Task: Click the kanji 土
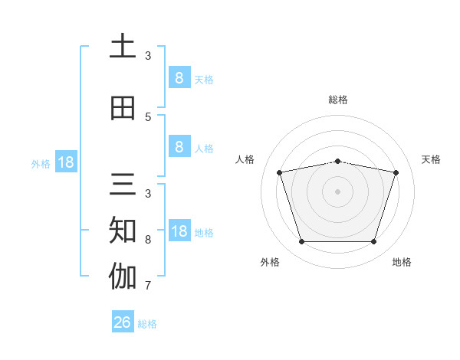(x=123, y=45)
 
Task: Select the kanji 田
(x=123, y=108)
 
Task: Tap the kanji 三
(x=123, y=184)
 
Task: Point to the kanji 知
(x=123, y=230)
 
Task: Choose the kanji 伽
(x=123, y=276)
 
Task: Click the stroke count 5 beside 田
(x=148, y=117)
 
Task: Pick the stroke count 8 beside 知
(x=148, y=240)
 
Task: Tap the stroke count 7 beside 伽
(x=148, y=286)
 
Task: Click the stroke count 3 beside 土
(x=148, y=56)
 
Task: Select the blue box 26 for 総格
(x=123, y=321)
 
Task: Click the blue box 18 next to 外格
(x=66, y=162)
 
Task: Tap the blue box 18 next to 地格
(x=180, y=230)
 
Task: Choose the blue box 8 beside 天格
(x=180, y=77)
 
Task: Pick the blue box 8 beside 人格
(x=180, y=146)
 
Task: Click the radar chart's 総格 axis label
(x=338, y=100)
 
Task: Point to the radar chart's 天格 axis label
(x=431, y=159)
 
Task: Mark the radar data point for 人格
(x=280, y=172)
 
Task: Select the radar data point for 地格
(x=374, y=241)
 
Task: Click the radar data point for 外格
(x=302, y=241)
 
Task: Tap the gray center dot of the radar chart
(x=337, y=191)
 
